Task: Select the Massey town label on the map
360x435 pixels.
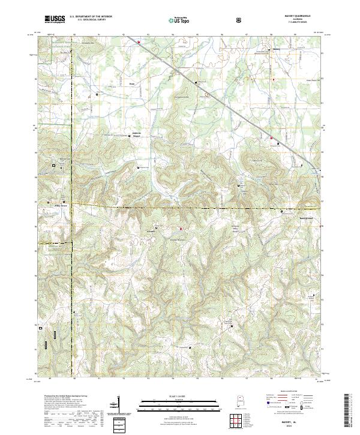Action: (276, 49)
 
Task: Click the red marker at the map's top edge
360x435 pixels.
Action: (139, 43)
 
